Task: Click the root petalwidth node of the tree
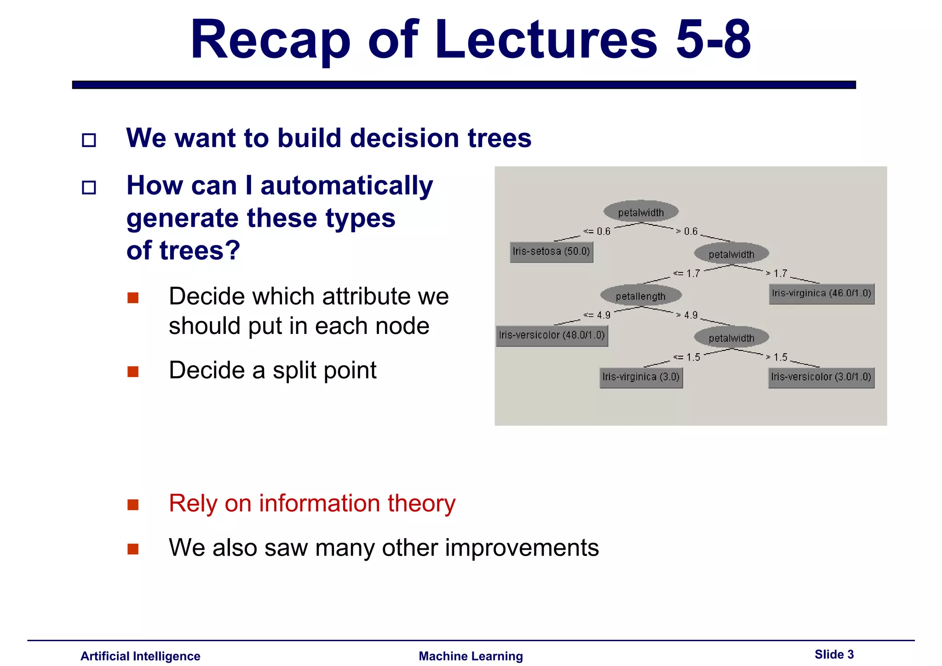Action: click(x=641, y=212)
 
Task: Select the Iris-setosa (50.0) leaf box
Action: click(x=551, y=252)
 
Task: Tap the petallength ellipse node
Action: click(x=640, y=296)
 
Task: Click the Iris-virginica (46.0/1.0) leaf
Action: click(x=821, y=293)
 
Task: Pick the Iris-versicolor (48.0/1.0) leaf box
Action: click(x=551, y=335)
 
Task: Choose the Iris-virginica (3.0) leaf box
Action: click(x=641, y=377)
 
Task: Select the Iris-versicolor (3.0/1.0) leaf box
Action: click(x=821, y=377)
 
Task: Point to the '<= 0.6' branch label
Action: click(x=597, y=231)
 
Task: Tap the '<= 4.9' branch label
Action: click(x=597, y=315)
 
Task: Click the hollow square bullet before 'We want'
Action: click(x=89, y=140)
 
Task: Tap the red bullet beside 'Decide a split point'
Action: click(x=133, y=371)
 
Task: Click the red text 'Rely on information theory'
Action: click(x=312, y=503)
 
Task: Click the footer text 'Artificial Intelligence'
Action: click(x=140, y=656)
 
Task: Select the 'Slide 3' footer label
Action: click(x=834, y=655)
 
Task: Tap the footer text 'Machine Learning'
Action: click(x=471, y=656)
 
